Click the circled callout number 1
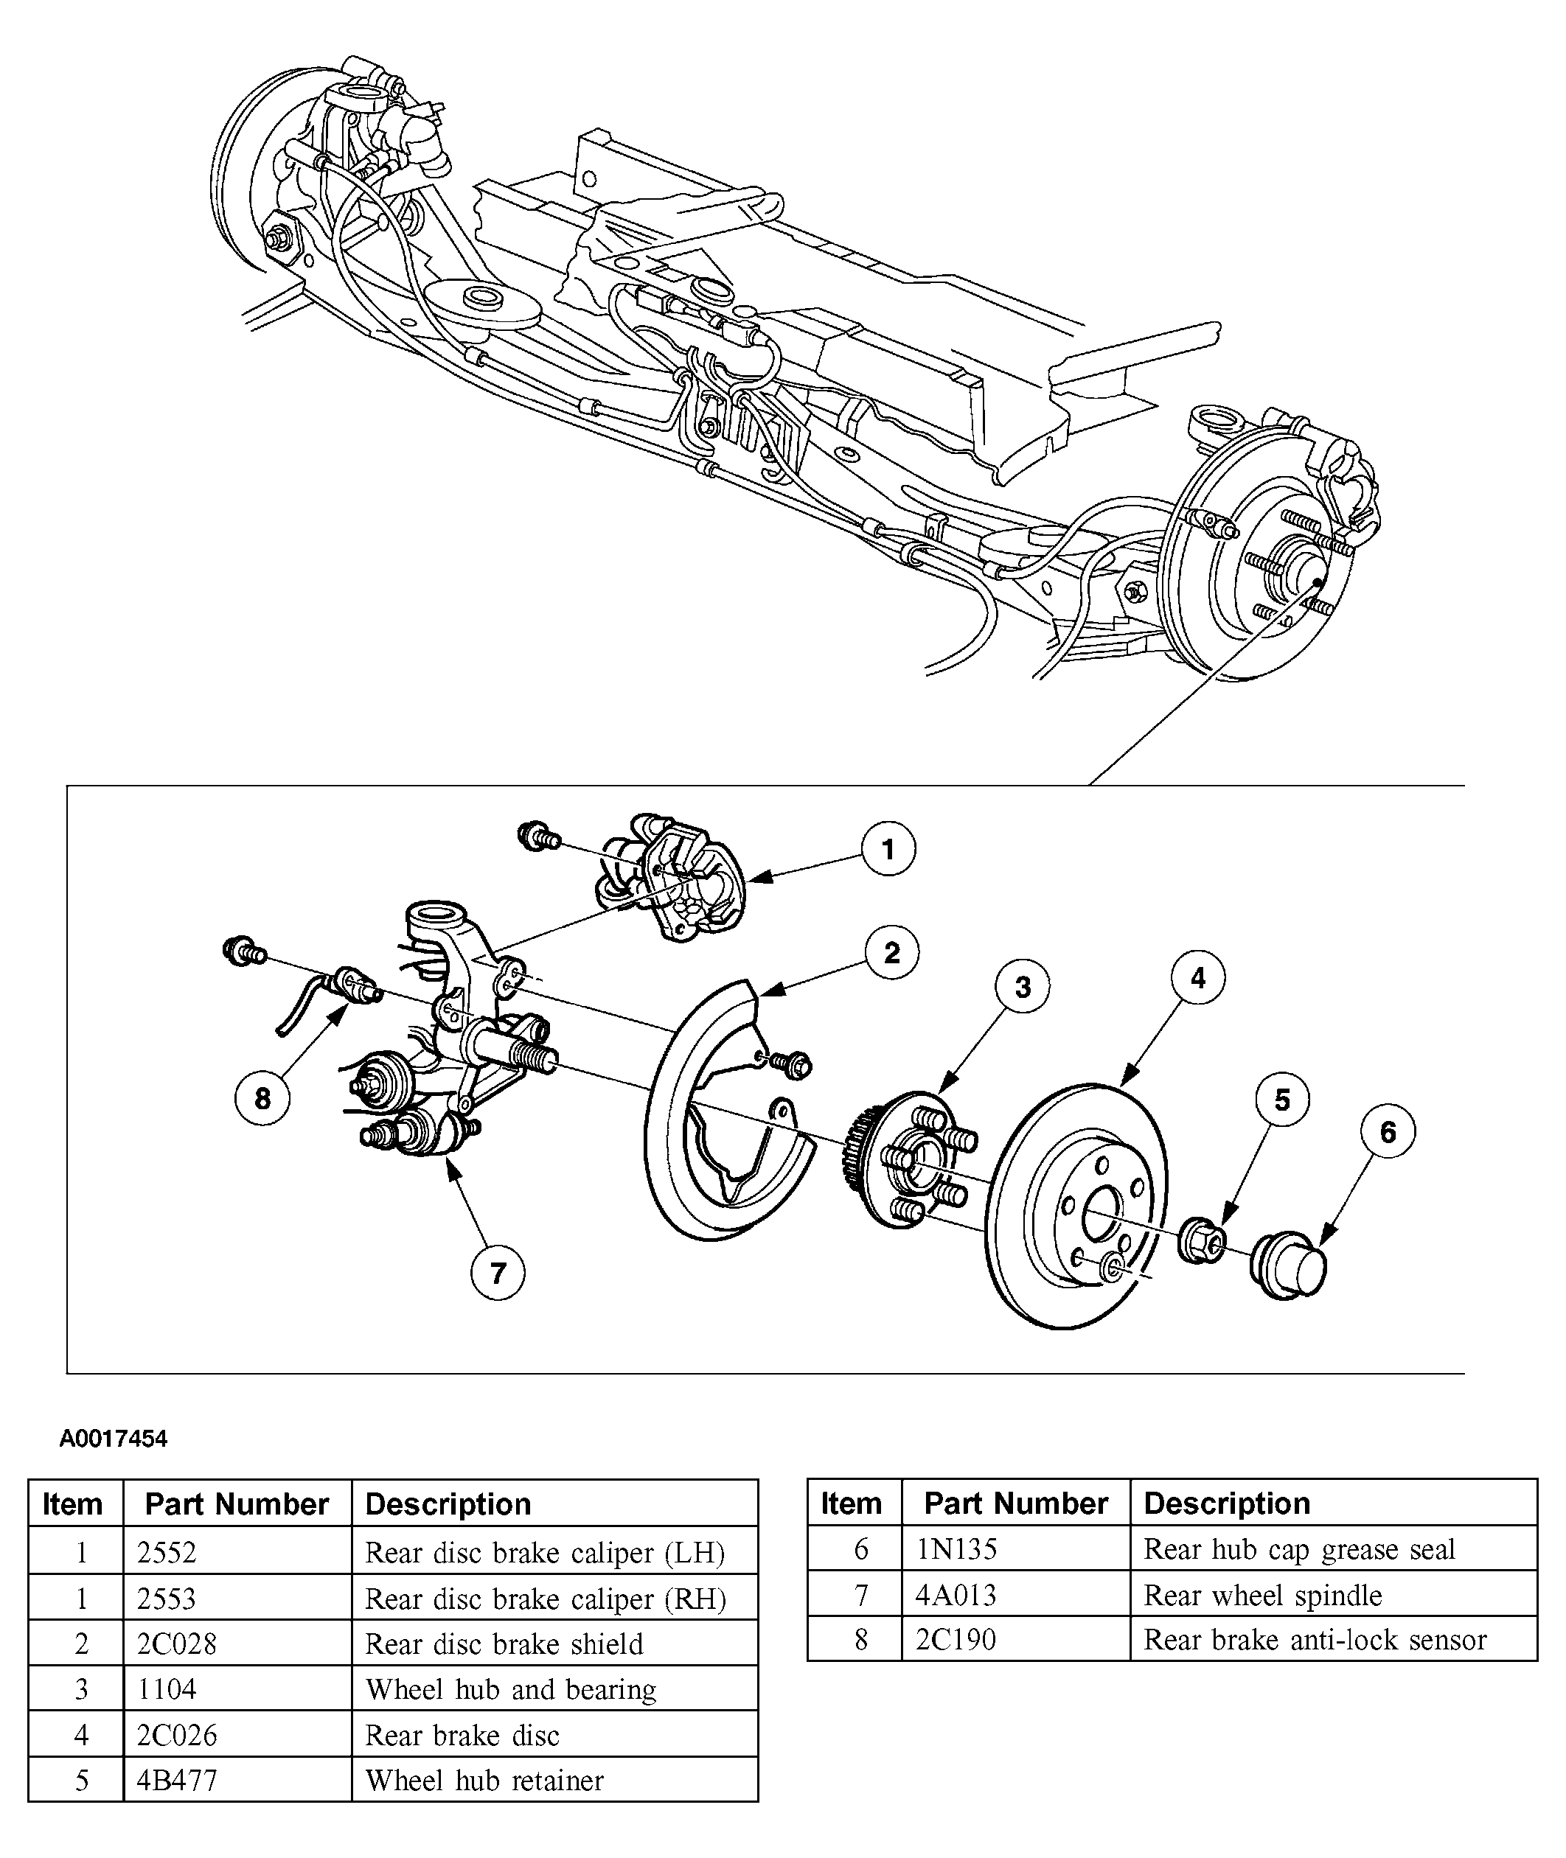coord(888,849)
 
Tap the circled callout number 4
coord(1197,978)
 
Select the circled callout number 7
coord(497,1274)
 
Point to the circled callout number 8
coord(262,1098)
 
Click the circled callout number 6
coord(1388,1131)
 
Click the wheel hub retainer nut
coord(1201,1240)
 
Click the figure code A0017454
coord(113,1439)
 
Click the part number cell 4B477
coord(177,1780)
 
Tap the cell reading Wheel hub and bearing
coord(510,1689)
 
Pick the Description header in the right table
coord(1227,1503)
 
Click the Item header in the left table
coord(73,1504)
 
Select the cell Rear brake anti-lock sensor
coord(1315,1640)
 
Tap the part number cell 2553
coord(166,1598)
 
